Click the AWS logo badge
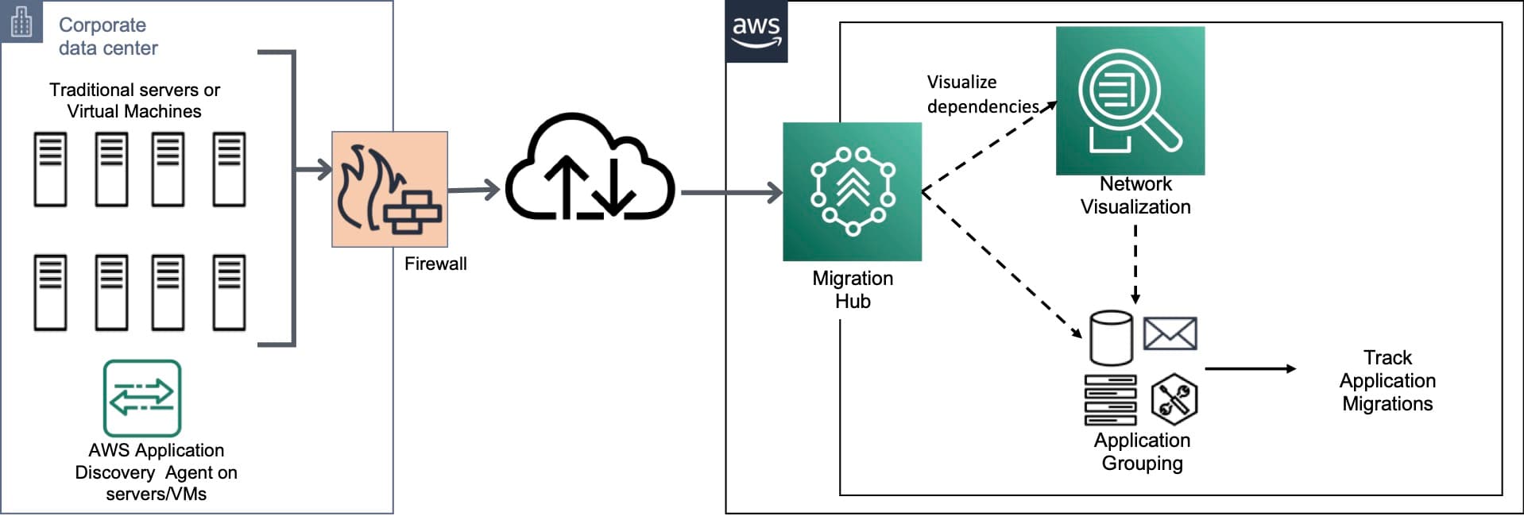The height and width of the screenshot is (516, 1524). (x=756, y=33)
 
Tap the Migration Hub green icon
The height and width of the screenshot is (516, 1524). (x=852, y=191)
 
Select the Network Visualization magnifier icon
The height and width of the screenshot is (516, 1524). (x=1129, y=101)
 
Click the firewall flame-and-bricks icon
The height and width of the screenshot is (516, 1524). (x=389, y=189)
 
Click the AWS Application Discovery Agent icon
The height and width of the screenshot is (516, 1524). (x=142, y=398)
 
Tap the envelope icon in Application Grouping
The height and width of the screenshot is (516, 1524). (x=1170, y=333)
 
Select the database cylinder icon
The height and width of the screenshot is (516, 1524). (x=1110, y=337)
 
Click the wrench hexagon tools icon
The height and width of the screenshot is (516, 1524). (x=1174, y=399)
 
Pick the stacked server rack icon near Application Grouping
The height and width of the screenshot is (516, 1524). (x=1110, y=400)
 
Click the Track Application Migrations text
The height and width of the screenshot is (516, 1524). (x=1387, y=380)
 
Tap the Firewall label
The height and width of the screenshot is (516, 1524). (x=435, y=264)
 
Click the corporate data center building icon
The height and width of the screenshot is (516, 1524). (x=21, y=22)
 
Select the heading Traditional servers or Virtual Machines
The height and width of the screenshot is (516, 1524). (x=134, y=100)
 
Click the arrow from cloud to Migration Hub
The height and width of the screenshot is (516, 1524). (x=731, y=192)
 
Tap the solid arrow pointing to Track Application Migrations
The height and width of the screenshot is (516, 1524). (x=1249, y=368)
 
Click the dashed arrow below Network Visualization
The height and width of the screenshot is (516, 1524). (x=1135, y=264)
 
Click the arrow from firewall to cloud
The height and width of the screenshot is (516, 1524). (x=474, y=190)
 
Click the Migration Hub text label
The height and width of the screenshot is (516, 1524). (x=852, y=290)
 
